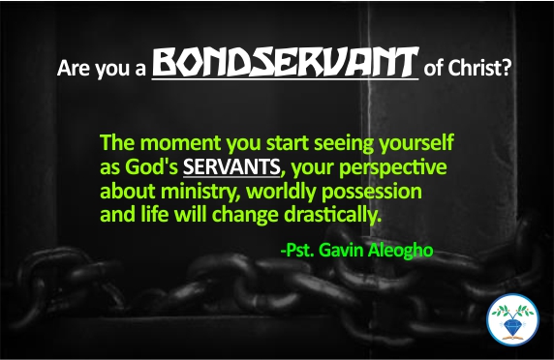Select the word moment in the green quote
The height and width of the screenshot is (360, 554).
pyautogui.click(x=177, y=143)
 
